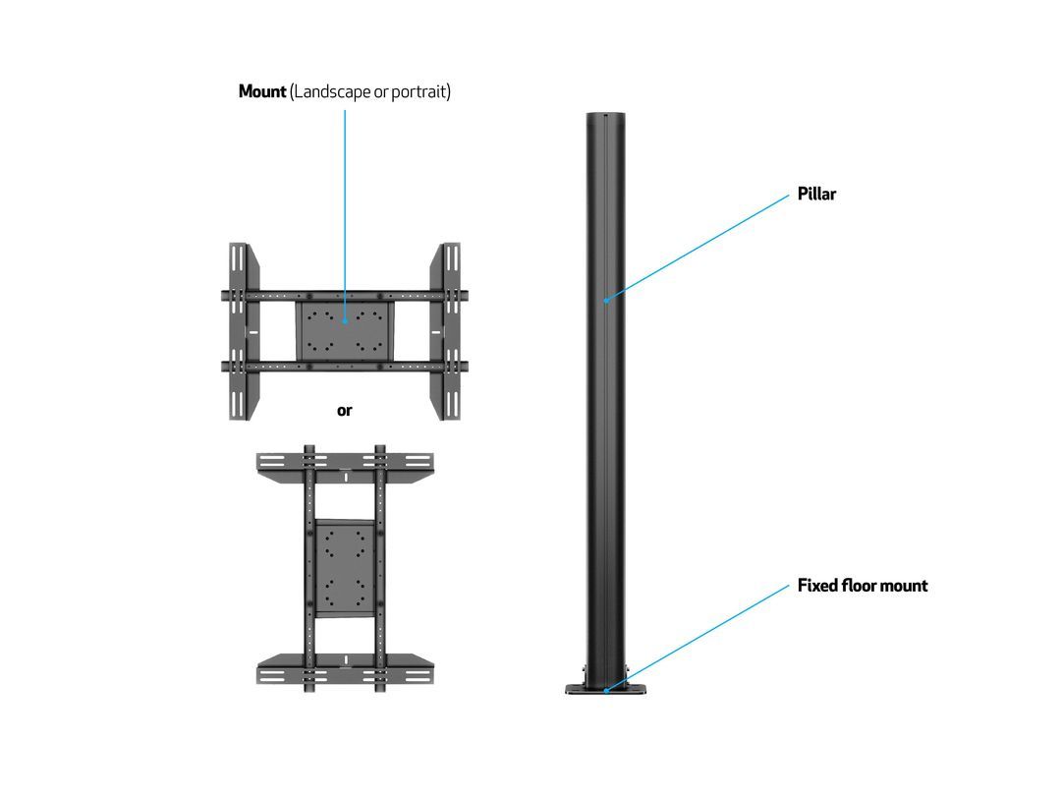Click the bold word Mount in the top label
pos(262,91)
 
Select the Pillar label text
pos(816,194)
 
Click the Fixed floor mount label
pos(863,586)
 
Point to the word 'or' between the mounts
pos(345,410)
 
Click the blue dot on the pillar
pos(606,301)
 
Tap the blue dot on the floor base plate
pos(606,691)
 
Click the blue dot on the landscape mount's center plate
pos(345,320)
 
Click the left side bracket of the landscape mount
pos(244,331)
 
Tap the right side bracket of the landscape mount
pos(445,331)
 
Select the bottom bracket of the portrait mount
pos(345,669)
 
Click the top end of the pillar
pos(605,114)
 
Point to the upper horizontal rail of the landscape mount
pos(345,296)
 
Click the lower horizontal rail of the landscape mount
pos(345,367)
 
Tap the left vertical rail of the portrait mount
pos(309,569)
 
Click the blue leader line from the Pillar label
pos(698,248)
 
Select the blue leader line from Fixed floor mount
pos(698,639)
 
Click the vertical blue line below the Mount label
pos(345,215)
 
